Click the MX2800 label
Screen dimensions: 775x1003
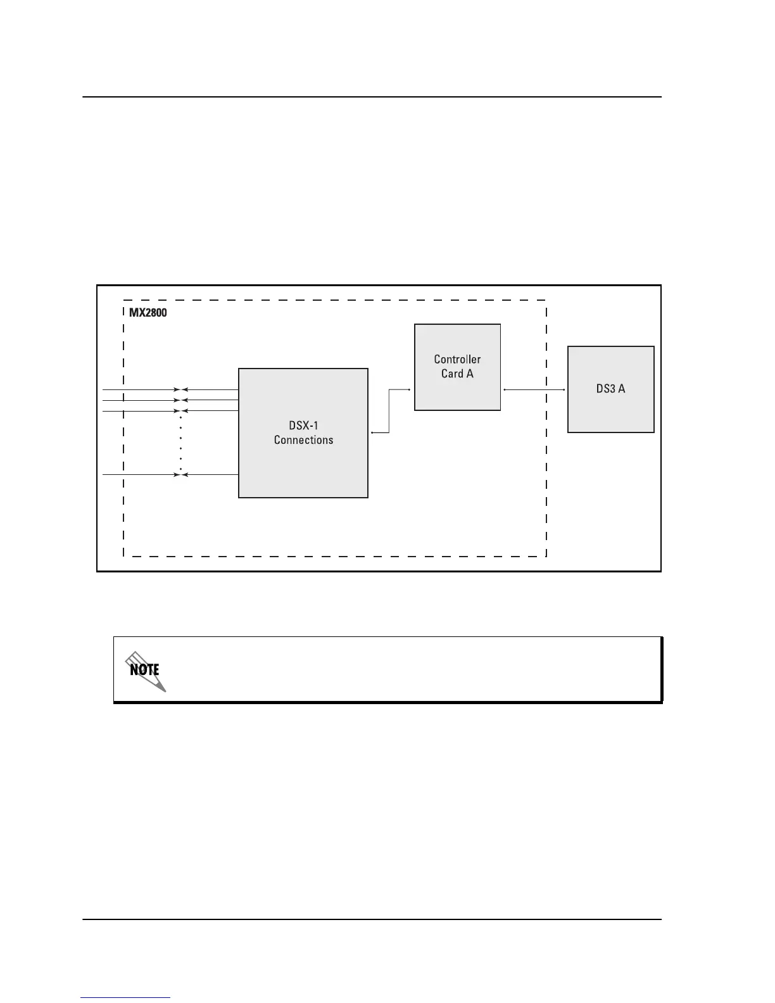click(148, 313)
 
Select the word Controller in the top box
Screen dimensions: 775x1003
click(457, 359)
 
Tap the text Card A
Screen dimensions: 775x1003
click(457, 374)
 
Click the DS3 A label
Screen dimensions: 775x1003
click(610, 389)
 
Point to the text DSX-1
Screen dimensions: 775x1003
click(303, 426)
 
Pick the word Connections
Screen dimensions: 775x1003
click(303, 440)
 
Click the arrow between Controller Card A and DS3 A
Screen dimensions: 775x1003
click(534, 390)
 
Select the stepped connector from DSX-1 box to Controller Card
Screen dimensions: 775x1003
click(389, 412)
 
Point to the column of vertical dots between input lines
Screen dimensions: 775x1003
click(181, 443)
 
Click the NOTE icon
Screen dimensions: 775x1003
click(145, 670)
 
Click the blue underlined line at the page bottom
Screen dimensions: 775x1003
click(125, 997)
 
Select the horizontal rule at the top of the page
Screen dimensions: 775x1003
click(372, 98)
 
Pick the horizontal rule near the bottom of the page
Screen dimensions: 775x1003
click(372, 919)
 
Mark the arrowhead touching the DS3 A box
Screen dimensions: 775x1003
click(564, 390)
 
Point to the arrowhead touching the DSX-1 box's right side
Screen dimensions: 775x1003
click(372, 432)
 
